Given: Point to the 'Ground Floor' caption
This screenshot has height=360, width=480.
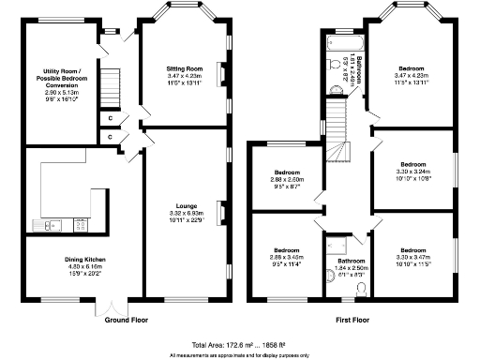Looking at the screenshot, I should pyautogui.click(x=128, y=319).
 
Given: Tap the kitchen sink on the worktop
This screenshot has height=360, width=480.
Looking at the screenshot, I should pyautogui.click(x=47, y=224).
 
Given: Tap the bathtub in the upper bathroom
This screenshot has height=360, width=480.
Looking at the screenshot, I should pyautogui.click(x=336, y=42).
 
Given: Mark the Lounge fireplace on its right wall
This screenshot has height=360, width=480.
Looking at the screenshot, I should pyautogui.click(x=223, y=211).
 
